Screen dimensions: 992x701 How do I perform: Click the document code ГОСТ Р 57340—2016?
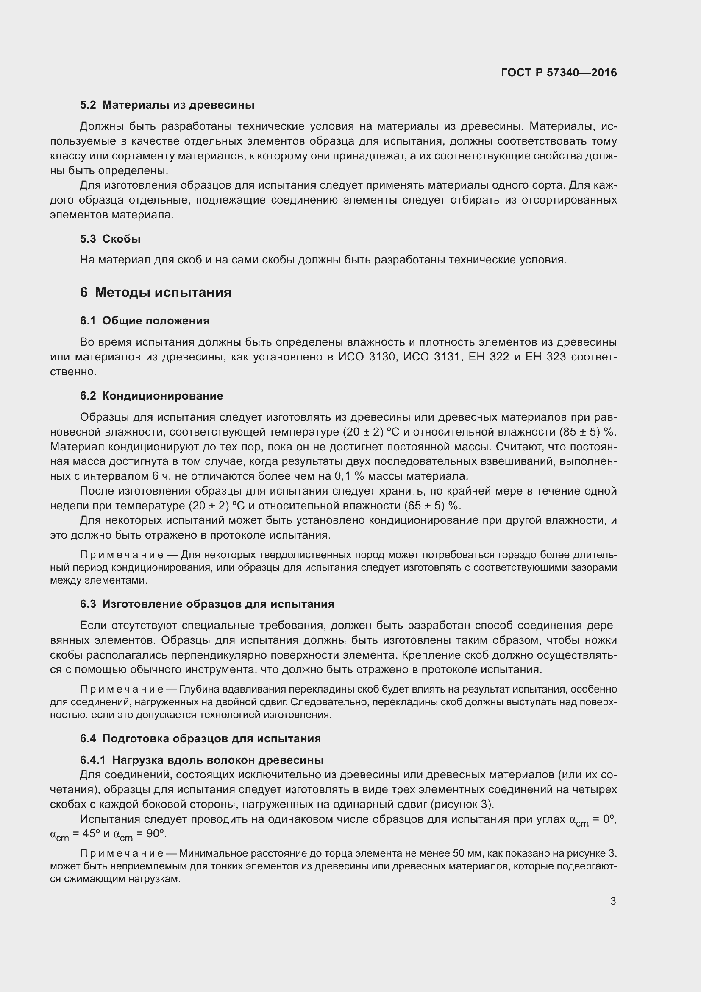[x=559, y=73]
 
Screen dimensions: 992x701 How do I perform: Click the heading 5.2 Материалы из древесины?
[x=167, y=105]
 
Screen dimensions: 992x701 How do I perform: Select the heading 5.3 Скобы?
[x=110, y=239]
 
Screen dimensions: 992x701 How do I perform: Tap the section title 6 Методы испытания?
[x=156, y=293]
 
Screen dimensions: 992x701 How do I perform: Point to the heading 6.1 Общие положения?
[x=145, y=321]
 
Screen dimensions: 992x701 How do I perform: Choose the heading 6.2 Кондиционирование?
[x=151, y=396]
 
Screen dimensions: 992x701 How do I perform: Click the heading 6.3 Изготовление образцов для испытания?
[x=207, y=604]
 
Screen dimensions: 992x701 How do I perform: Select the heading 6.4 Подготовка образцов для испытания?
[x=200, y=738]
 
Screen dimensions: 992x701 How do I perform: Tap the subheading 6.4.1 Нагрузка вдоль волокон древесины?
[x=202, y=760]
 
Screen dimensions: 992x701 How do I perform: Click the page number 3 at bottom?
[x=613, y=901]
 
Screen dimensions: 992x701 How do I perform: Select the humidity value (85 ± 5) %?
[x=588, y=432]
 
